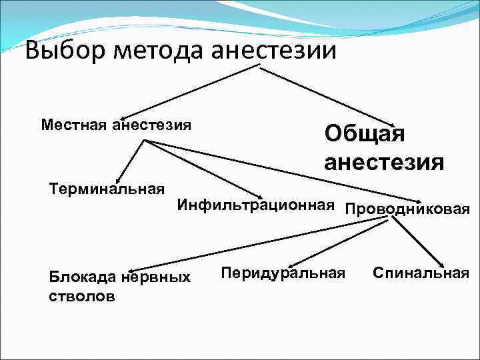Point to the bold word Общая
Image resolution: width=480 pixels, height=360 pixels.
point(365,133)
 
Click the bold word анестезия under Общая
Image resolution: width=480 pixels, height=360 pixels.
point(384,162)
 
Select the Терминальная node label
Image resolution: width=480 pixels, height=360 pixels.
point(107,189)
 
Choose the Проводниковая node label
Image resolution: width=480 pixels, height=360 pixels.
point(407,209)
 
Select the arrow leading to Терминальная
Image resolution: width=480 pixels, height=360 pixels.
point(131,160)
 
